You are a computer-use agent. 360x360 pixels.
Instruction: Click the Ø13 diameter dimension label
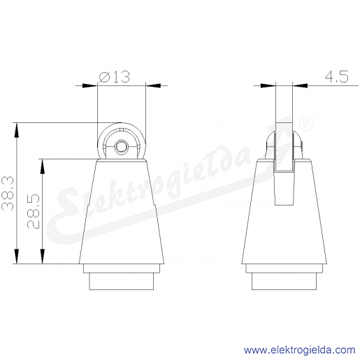[x=114, y=77]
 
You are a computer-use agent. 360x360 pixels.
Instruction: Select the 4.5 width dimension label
[x=336, y=76]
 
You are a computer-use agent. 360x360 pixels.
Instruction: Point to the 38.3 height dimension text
[x=8, y=194]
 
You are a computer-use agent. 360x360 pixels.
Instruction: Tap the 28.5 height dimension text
[x=34, y=211]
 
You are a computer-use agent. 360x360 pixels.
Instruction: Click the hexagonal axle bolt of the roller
[x=121, y=147]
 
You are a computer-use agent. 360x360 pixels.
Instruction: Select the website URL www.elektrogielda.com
[x=299, y=350]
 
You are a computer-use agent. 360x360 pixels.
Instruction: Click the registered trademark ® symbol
[x=306, y=123]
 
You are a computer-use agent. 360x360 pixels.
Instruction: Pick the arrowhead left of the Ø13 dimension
[x=89, y=85]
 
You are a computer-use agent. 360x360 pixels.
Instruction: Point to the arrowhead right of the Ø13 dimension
[x=153, y=85]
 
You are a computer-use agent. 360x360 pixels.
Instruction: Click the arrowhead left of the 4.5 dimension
[x=268, y=85]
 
